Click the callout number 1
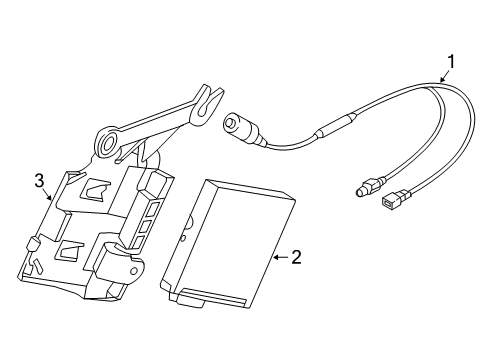[451, 62]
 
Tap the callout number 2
[296, 257]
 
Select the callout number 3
[39, 181]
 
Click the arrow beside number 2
[281, 257]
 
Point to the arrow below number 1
[443, 77]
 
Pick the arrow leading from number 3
[47, 194]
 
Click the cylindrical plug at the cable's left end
[242, 128]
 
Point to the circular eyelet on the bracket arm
[107, 143]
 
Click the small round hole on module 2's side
[182, 239]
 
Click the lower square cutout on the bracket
[71, 249]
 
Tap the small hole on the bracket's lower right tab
[134, 270]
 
